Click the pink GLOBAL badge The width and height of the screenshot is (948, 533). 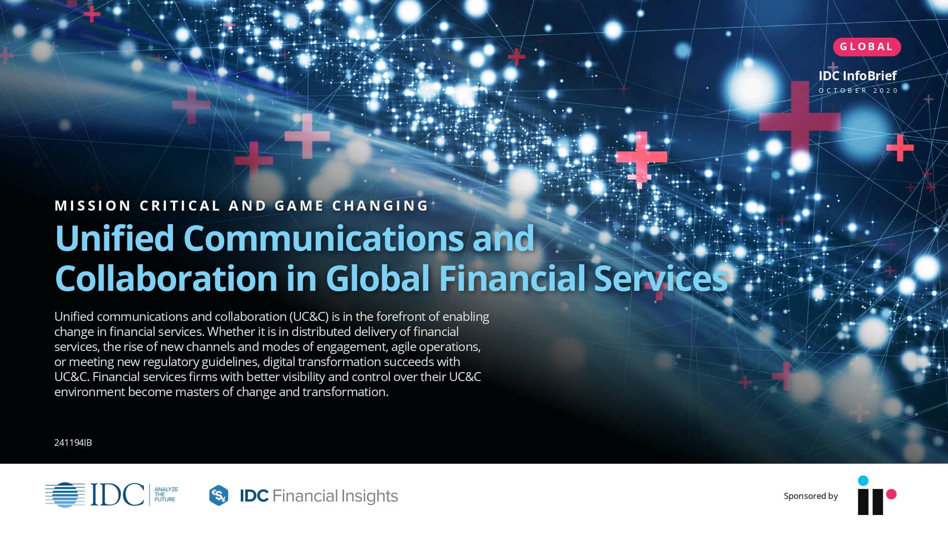pyautogui.click(x=866, y=47)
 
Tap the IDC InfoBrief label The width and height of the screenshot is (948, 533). pyautogui.click(x=857, y=76)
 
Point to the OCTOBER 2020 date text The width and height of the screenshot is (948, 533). pyautogui.click(x=858, y=91)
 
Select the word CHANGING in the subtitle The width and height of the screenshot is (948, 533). pyautogui.click(x=380, y=206)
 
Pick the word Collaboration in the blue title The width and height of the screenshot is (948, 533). pyautogui.click(x=166, y=278)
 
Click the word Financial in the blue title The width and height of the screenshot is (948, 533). pyautogui.click(x=512, y=278)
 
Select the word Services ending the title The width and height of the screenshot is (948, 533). pyautogui.click(x=661, y=278)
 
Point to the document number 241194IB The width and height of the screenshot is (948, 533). pyautogui.click(x=73, y=443)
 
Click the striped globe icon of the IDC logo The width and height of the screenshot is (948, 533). pyautogui.click(x=65, y=495)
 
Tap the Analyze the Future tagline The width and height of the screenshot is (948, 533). pyautogui.click(x=166, y=494)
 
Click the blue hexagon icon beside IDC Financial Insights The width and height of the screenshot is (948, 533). pyautogui.click(x=219, y=496)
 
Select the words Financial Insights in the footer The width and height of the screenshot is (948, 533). pyautogui.click(x=335, y=496)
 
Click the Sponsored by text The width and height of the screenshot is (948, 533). pyautogui.click(x=811, y=496)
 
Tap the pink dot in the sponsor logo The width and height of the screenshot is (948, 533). pyautogui.click(x=891, y=495)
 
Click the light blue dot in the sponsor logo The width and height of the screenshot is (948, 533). pyautogui.click(x=863, y=481)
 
